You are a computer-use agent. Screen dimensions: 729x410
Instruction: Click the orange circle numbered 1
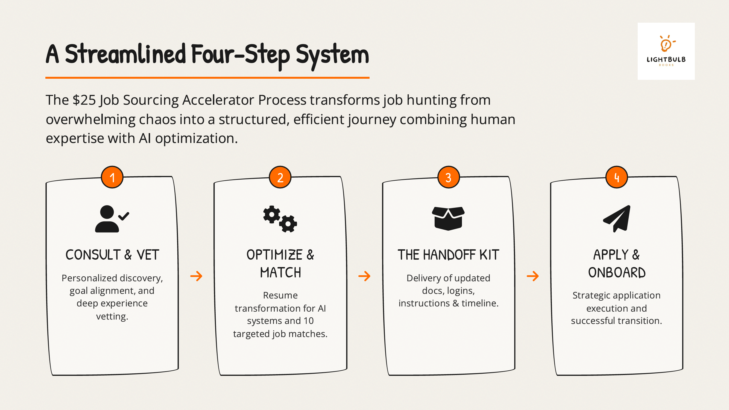112,177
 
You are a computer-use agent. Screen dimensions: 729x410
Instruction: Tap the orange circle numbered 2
280,177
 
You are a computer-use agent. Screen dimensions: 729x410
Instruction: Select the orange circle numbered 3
449,177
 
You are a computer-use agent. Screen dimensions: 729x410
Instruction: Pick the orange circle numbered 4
617,177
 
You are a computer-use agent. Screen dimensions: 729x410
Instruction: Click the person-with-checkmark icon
112,219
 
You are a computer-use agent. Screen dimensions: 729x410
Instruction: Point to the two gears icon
280,219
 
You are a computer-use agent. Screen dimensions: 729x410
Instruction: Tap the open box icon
448,218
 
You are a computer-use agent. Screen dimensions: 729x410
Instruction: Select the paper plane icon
617,219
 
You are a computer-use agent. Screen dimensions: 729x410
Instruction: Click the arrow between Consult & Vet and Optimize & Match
196,276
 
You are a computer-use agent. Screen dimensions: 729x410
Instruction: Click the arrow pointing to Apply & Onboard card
532,276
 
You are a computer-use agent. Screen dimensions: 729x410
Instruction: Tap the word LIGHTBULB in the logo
666,59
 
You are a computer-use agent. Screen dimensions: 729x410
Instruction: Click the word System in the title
332,55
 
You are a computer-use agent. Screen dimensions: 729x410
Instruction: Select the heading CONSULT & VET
112,255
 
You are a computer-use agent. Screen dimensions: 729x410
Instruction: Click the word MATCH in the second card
280,273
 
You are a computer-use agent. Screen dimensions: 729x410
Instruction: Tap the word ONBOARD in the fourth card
617,273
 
